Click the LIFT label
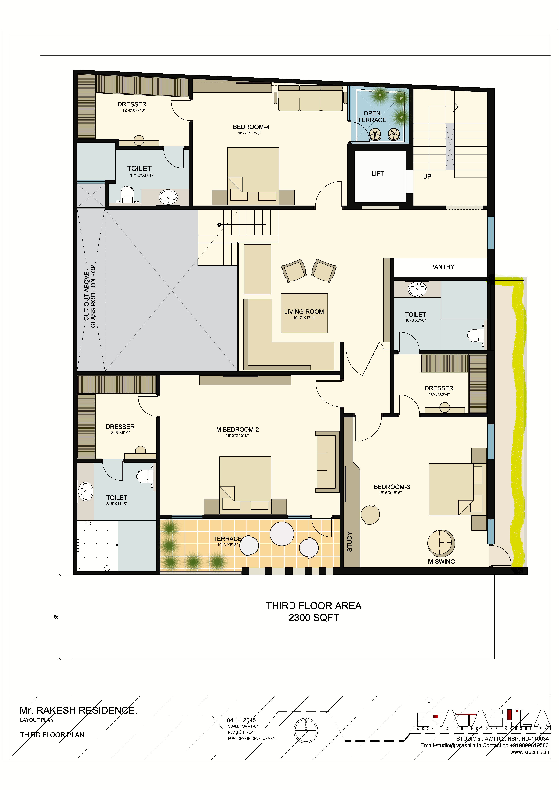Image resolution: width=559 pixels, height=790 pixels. click(x=378, y=174)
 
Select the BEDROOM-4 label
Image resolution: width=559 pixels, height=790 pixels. click(x=251, y=127)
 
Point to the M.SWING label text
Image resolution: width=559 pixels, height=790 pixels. click(x=441, y=562)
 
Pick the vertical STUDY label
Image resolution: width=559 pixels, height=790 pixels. click(x=350, y=542)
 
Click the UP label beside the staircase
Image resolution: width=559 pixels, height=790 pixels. click(x=427, y=177)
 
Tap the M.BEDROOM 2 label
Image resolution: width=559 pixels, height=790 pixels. click(x=237, y=430)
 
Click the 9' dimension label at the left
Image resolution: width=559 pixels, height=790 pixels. click(x=56, y=617)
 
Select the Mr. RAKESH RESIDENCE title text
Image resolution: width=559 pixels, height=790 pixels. click(x=79, y=707)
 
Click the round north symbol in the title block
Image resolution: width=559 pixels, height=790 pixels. click(x=305, y=730)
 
